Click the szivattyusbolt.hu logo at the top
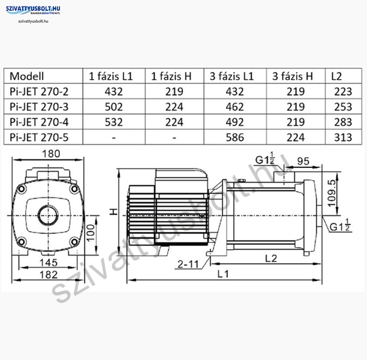pos(33,10)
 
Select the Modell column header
pos(26,76)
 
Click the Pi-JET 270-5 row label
pos(39,137)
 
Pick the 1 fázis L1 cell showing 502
pos(113,107)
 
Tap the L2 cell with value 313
pos(343,137)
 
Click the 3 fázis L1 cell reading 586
pos(234,137)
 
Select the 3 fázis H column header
pos(293,76)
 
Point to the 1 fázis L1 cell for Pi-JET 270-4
pos(113,122)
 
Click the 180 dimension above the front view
pos(51,154)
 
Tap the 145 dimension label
pos(49,262)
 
